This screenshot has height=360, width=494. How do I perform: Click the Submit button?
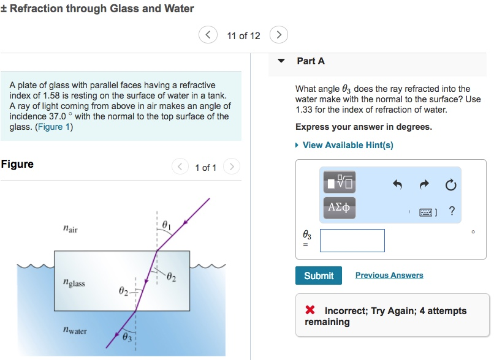click(319, 276)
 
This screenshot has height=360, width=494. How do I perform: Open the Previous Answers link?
click(389, 276)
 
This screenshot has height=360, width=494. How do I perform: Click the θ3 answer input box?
click(352, 241)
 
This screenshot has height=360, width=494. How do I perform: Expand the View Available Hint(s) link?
click(348, 145)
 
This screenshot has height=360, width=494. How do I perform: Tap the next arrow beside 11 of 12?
click(279, 35)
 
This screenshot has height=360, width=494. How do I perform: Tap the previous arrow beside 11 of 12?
click(208, 35)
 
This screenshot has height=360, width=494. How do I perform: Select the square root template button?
click(340, 182)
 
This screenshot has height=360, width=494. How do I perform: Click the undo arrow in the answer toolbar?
click(397, 185)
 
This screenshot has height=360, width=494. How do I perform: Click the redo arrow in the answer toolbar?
click(424, 185)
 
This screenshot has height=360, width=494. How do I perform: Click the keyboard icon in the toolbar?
click(427, 212)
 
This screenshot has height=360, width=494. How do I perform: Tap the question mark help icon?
click(452, 212)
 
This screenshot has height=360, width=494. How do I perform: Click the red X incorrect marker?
click(311, 311)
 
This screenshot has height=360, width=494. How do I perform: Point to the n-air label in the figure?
click(70, 229)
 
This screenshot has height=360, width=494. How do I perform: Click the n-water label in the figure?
click(75, 331)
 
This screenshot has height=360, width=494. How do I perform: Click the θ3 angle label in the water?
click(127, 337)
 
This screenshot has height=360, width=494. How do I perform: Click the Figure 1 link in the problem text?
click(54, 127)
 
